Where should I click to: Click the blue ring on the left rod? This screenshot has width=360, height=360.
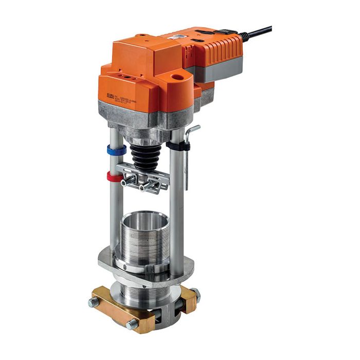point(116,151)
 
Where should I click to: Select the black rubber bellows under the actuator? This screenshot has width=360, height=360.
point(146,154)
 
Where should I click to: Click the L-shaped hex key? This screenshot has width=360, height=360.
point(189,154)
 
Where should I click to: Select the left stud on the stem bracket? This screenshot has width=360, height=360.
point(126,181)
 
